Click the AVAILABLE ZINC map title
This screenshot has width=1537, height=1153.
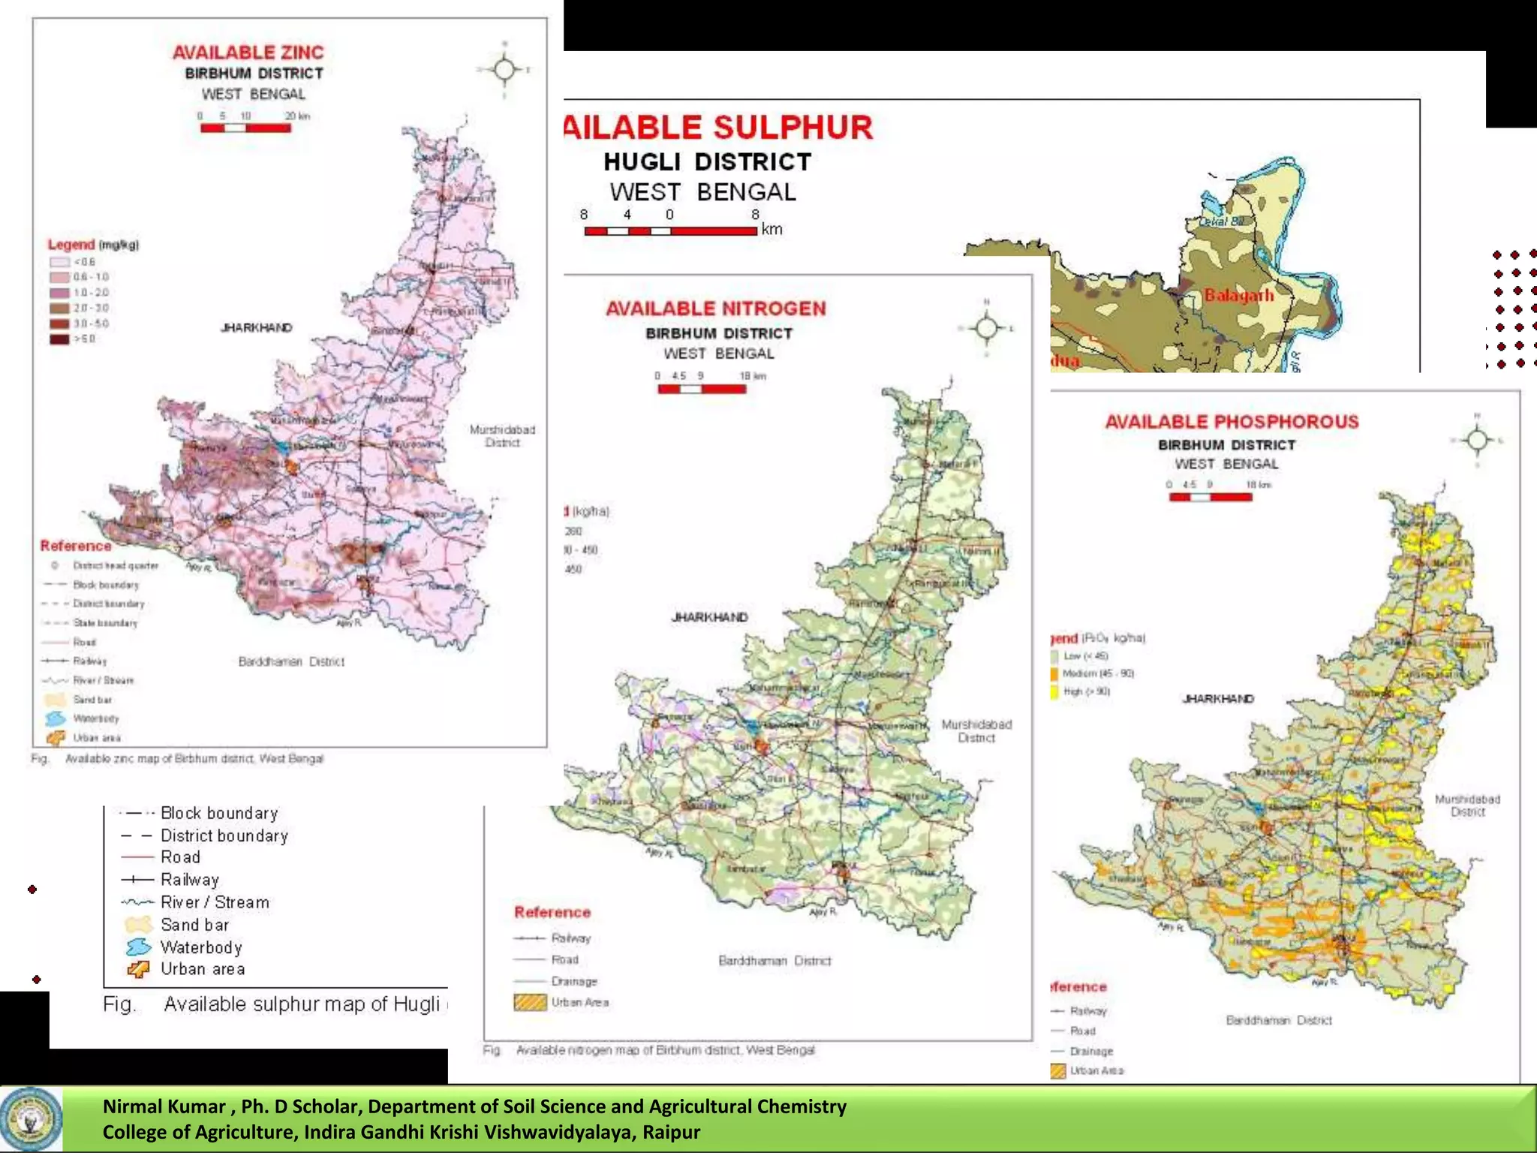[248, 53]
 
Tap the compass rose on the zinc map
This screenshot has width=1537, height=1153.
[504, 70]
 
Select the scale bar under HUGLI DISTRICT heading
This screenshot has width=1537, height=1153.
[670, 231]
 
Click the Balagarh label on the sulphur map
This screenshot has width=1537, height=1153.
[1239, 295]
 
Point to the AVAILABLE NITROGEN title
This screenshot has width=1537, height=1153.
[715, 309]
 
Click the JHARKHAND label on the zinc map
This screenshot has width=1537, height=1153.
[257, 328]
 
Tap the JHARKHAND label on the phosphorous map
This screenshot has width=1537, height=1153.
[1218, 699]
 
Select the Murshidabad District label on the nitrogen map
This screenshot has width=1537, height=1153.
[976, 731]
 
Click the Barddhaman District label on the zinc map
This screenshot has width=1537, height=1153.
[291, 661]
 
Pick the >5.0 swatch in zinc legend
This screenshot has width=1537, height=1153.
[59, 339]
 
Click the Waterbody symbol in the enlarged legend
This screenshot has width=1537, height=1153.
[139, 947]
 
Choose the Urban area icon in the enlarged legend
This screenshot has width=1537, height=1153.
[139, 970]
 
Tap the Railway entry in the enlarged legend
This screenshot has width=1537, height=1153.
[189, 880]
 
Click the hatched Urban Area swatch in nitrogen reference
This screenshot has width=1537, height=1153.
[530, 1003]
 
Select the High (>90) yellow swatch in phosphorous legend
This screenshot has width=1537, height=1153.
[1055, 691]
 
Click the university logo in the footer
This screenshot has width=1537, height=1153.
[31, 1119]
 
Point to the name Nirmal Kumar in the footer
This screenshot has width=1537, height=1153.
[164, 1106]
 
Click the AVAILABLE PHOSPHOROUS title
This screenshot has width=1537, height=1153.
[1232, 422]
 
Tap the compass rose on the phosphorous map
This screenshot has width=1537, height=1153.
[1477, 439]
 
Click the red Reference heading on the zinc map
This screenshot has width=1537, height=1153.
[76, 546]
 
